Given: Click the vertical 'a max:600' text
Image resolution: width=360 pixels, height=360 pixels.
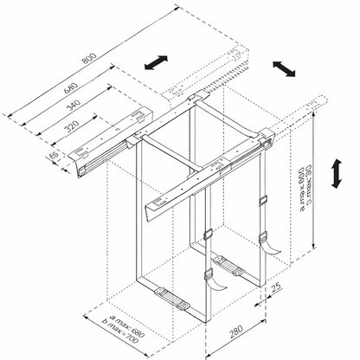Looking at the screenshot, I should [x=303, y=199].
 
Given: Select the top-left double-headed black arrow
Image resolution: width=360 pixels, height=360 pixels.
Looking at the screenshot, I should [x=157, y=62].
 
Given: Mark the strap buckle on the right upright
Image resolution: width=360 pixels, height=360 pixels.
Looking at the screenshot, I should [x=261, y=202].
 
